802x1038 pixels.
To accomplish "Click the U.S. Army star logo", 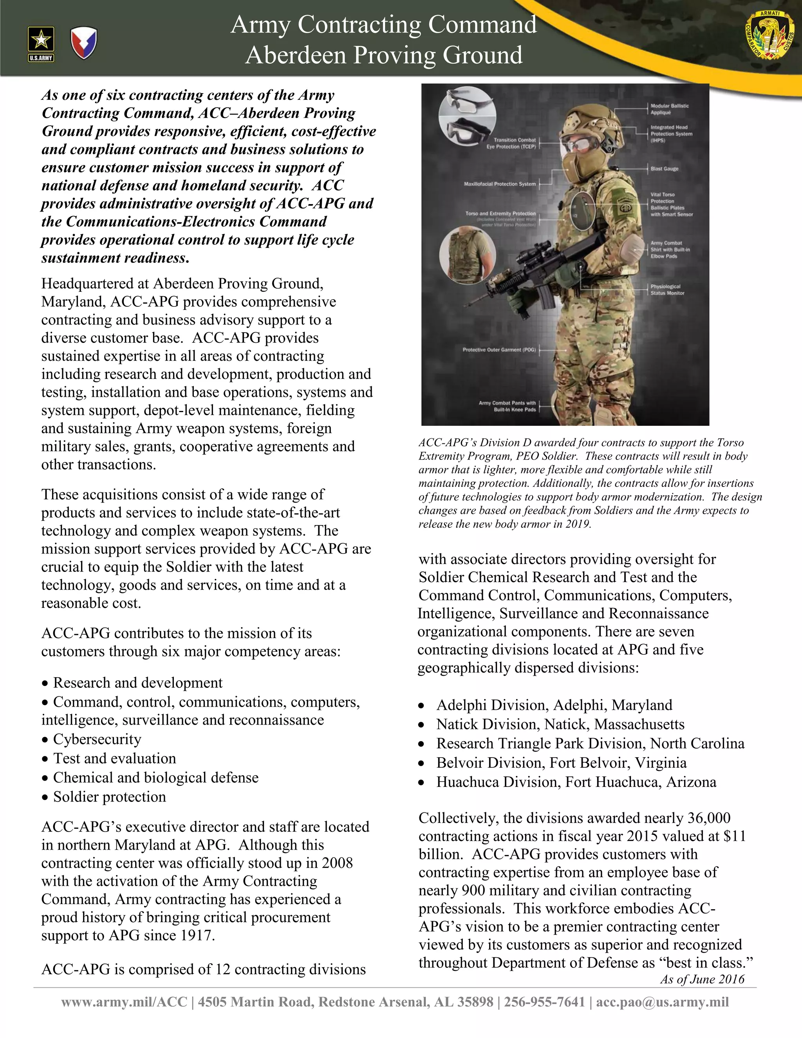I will tap(41, 44).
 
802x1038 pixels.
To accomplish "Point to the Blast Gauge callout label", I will tap(664, 169).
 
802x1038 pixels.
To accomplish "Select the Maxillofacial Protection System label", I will tap(499, 184).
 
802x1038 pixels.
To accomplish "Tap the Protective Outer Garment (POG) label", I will tap(499, 350).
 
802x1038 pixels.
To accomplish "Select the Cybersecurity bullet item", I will tap(97, 739).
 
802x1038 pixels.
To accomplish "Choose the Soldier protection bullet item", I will tap(109, 797).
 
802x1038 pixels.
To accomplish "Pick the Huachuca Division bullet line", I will tap(576, 782).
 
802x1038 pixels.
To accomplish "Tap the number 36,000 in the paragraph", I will tap(708, 818).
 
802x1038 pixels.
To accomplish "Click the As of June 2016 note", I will tap(702, 979).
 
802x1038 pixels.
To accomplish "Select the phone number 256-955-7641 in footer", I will tap(544, 1002).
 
